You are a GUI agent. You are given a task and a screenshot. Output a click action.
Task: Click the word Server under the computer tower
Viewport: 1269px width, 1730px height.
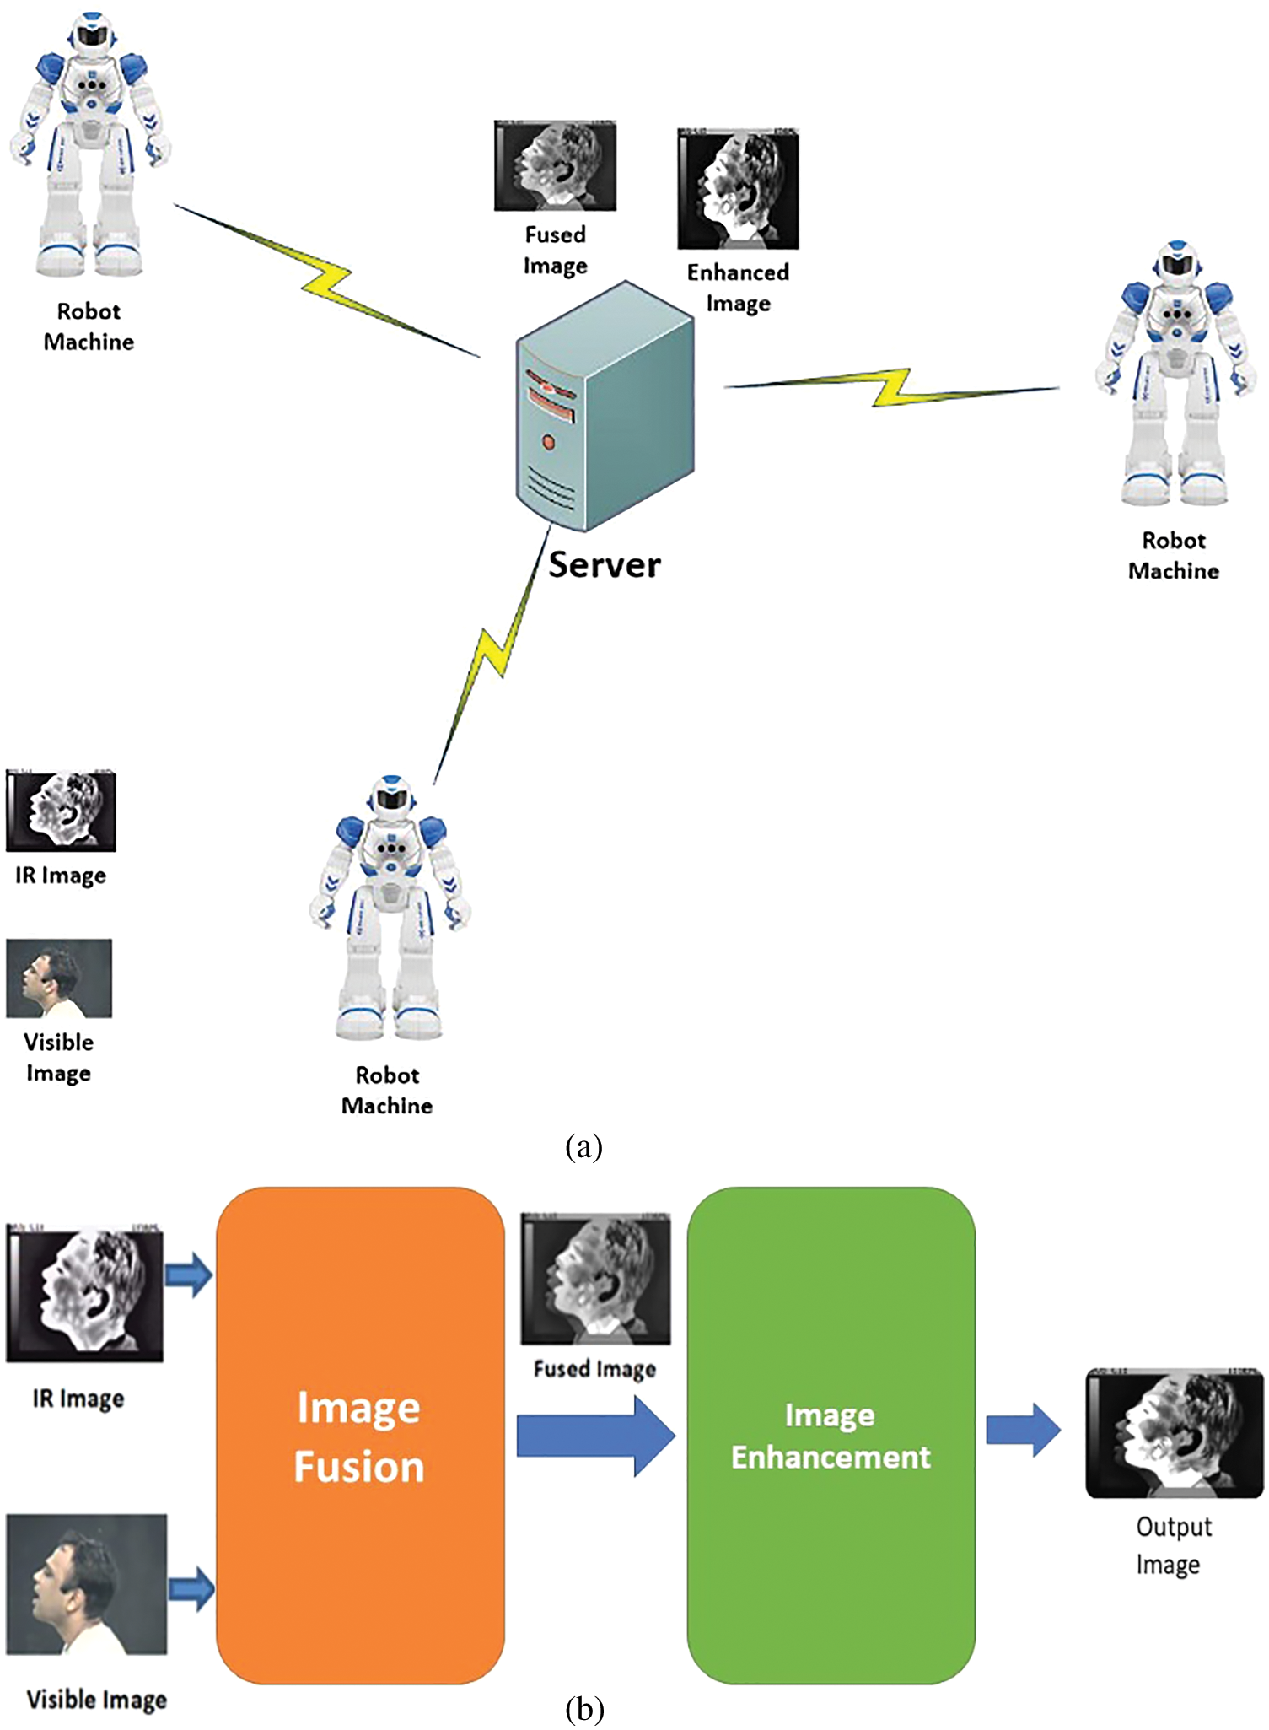point(605,565)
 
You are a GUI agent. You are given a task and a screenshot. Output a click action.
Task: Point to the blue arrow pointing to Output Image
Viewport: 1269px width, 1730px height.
point(1023,1431)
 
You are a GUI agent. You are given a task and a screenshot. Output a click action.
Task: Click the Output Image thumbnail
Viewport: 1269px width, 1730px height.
point(1174,1433)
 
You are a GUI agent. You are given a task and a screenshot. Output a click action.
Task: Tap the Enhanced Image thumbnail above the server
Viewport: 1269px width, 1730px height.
point(738,190)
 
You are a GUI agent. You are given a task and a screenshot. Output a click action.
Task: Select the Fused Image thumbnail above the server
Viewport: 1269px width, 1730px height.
point(555,165)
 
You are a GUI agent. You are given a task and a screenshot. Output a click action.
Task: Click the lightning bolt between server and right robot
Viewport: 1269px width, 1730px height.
point(891,387)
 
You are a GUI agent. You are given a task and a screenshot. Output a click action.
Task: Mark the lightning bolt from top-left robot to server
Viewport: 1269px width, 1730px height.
point(326,282)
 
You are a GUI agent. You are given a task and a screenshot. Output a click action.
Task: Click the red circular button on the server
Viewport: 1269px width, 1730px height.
point(549,441)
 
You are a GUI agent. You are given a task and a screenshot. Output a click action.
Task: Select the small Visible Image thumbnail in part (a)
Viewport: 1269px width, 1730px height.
point(58,978)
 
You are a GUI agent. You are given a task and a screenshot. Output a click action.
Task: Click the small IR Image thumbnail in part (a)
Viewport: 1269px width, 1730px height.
point(60,811)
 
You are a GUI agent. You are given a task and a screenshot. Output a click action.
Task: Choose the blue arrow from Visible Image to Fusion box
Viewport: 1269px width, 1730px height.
point(191,1589)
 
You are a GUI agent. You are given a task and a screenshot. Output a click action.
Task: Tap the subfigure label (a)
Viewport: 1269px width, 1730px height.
point(583,1147)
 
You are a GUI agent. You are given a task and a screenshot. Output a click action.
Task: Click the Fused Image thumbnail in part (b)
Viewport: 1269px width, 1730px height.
point(595,1280)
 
